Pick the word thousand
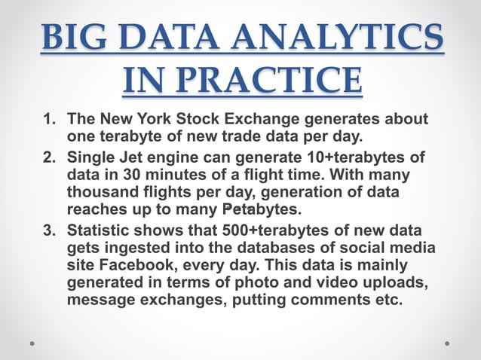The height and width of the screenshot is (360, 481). [100, 192]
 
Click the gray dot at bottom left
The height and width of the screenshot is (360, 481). [32, 343]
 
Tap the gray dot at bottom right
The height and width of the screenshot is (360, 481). [447, 343]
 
